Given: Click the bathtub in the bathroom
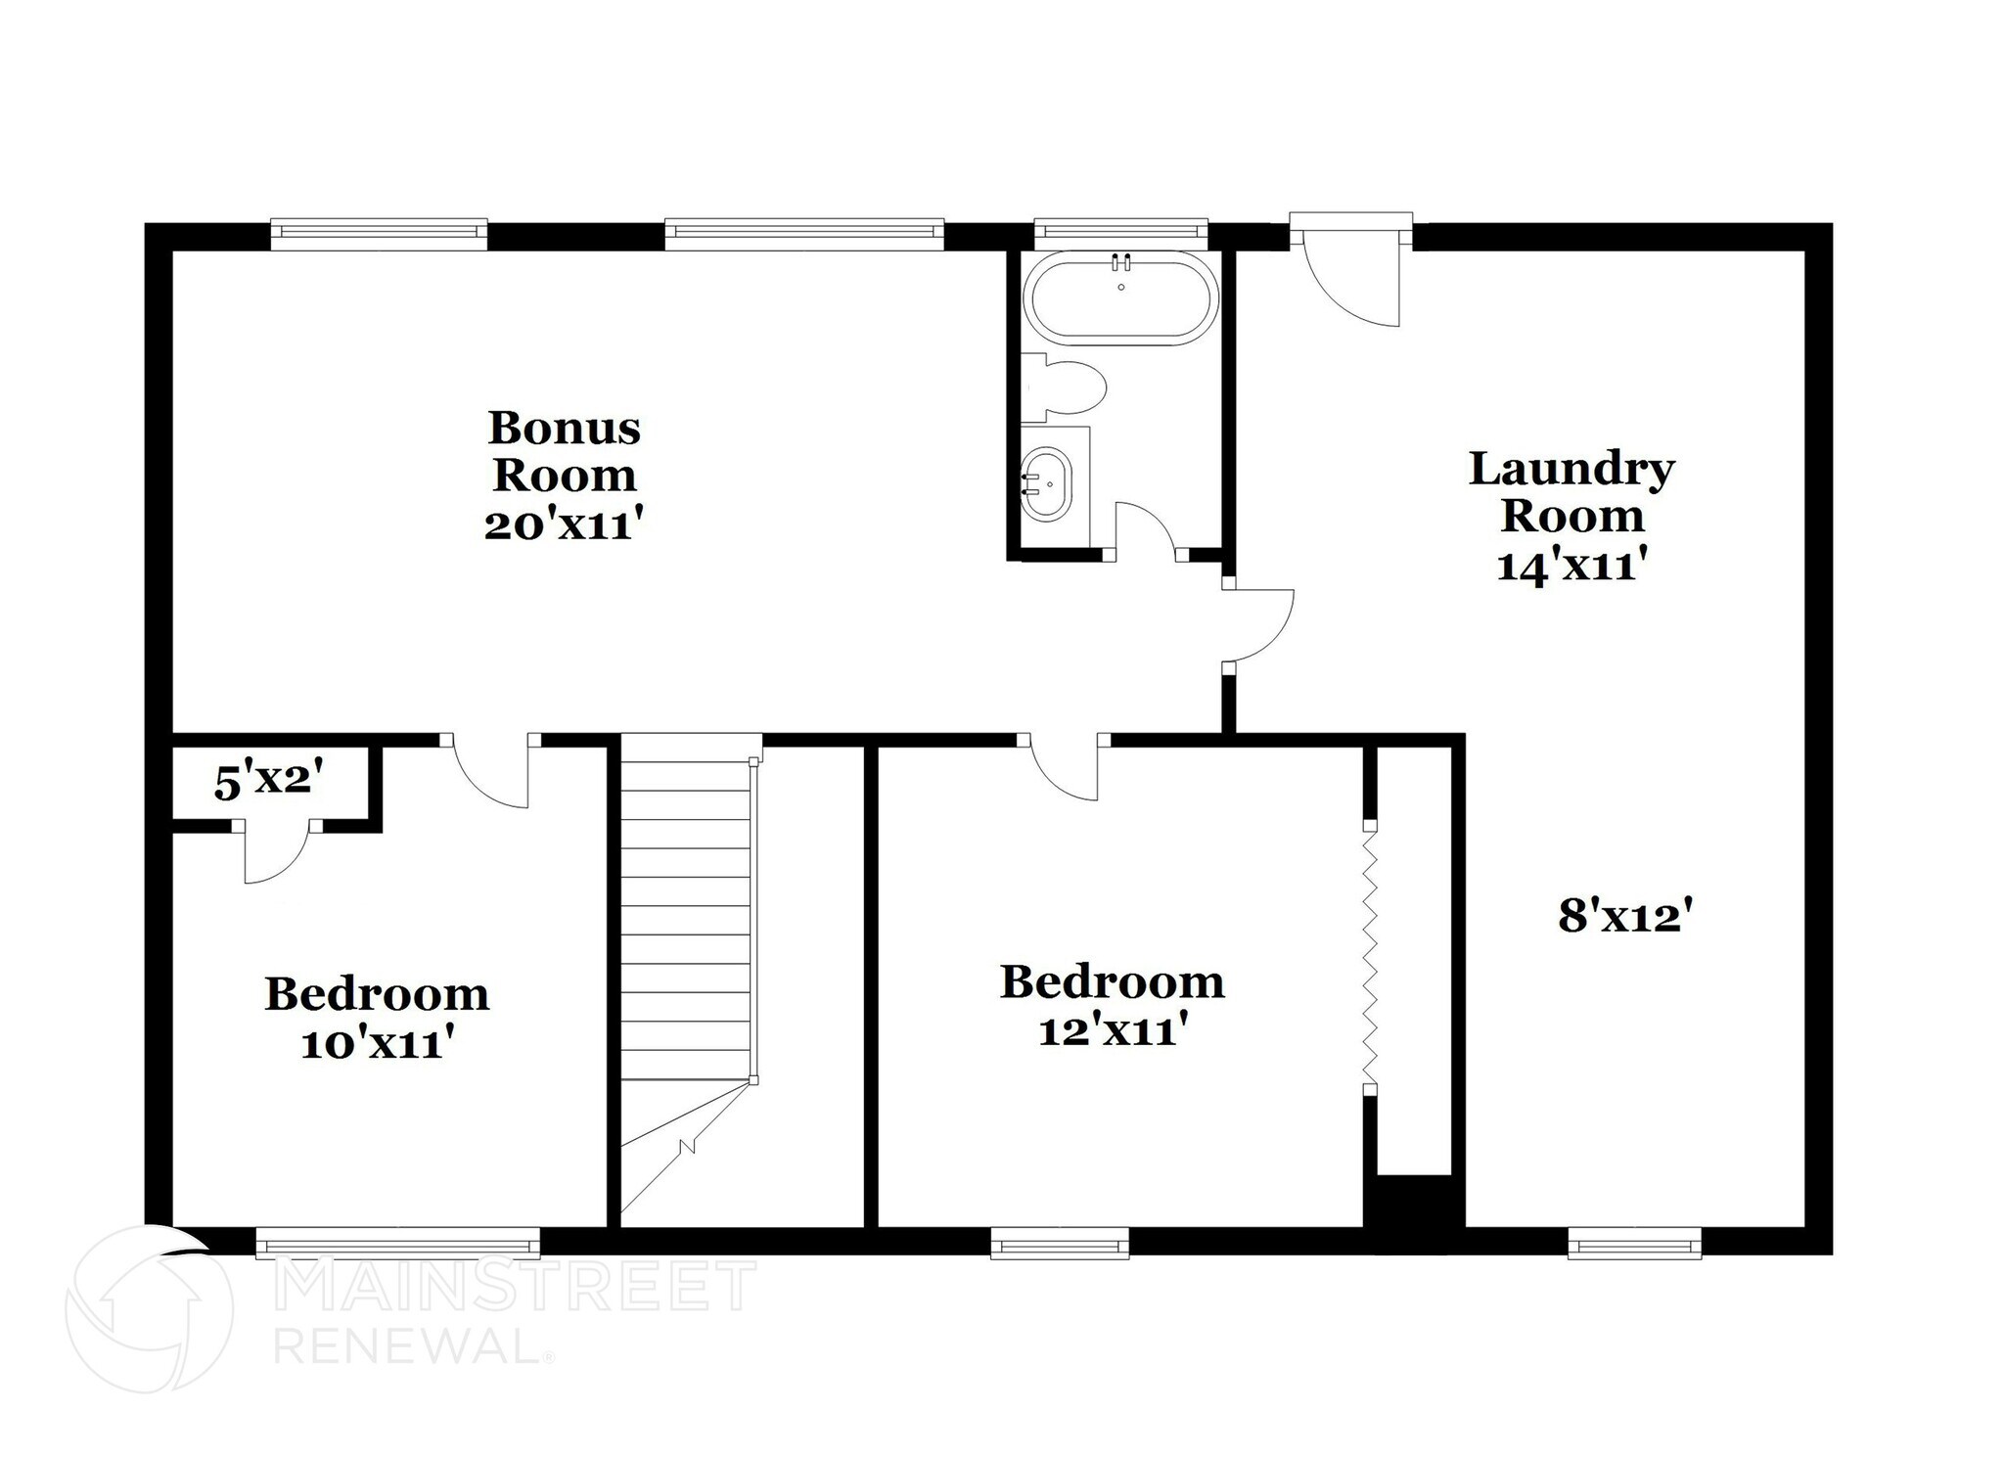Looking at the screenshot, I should (x=1120, y=298).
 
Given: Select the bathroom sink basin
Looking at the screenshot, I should (x=1047, y=484).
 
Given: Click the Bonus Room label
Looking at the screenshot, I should (x=564, y=452).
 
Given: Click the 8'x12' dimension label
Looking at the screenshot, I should (x=1625, y=918).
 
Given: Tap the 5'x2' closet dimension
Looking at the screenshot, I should (x=268, y=782).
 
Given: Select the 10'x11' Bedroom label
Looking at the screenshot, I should (x=377, y=1019).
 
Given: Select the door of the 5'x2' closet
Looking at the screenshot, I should (x=274, y=854).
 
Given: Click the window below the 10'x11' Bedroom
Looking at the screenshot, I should (x=397, y=1244).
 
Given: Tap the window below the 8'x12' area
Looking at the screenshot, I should (x=1634, y=1244).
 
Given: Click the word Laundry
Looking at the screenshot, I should (x=1571, y=470).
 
